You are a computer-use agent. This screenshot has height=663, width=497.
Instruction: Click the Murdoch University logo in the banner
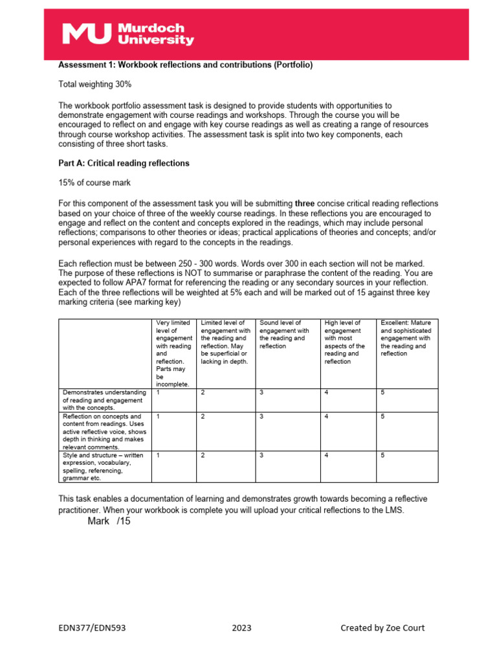pos(127,34)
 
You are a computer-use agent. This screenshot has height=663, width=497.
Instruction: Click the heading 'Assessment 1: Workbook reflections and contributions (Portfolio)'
pos(186,65)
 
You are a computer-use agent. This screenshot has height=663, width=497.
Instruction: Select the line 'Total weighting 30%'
pos(95,84)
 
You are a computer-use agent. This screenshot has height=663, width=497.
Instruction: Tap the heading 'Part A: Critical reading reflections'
pos(124,163)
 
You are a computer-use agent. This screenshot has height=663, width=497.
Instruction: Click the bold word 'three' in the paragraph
pos(305,203)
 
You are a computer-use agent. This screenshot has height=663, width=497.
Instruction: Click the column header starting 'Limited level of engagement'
pos(225,341)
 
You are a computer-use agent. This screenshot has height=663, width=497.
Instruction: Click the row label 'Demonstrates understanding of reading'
pos(104,399)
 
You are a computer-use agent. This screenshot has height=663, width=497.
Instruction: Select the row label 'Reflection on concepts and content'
pos(104,431)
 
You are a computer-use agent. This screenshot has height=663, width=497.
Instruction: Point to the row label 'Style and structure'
pos(104,467)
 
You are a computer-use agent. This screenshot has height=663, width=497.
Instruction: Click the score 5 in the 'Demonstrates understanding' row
pos(383,392)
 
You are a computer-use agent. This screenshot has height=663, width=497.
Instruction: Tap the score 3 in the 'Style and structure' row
pos(261,455)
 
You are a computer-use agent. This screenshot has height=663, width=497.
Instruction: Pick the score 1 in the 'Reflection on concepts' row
pos(158,416)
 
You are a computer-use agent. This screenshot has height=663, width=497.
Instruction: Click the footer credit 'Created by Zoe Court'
pos(382,627)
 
